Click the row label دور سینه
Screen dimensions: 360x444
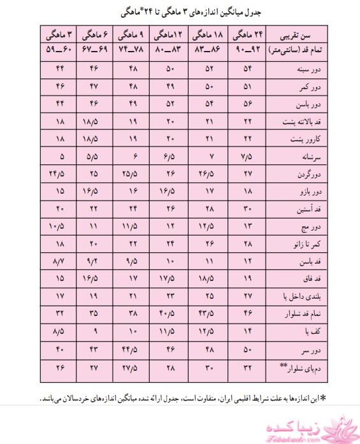pos(296,69)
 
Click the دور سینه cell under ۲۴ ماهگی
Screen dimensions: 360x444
pos(248,68)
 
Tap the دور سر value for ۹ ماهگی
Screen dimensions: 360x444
pos(131,350)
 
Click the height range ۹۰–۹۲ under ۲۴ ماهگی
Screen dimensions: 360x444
pos(250,49)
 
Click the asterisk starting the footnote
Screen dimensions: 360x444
pos(322,397)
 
